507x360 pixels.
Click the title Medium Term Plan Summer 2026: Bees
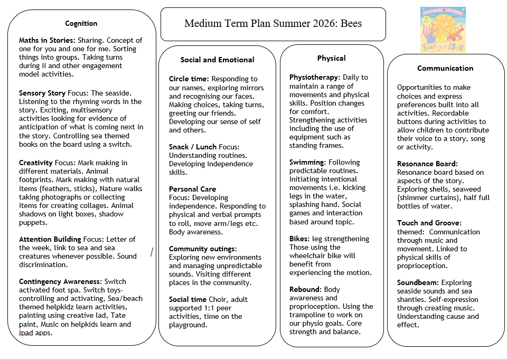pos(273,24)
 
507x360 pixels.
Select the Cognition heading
pos(81,23)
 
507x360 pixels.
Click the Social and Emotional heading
pos(217,60)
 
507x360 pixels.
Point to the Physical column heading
pos(331,58)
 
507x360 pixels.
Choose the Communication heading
pos(445,68)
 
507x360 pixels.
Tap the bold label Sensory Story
pos(42,93)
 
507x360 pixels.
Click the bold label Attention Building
pos(50,239)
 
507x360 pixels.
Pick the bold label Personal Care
pos(192,188)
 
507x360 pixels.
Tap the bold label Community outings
pos(203,249)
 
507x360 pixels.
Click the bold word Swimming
pos(306,162)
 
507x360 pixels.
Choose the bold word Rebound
pos(305,289)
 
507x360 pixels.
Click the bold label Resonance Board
pos(427,164)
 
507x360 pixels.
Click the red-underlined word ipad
pos(26,333)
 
